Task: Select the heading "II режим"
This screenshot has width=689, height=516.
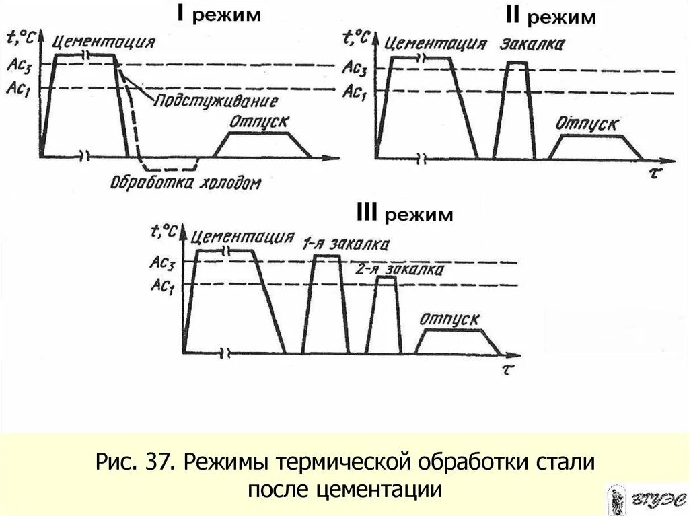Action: (x=545, y=16)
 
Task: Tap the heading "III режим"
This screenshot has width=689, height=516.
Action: (x=404, y=215)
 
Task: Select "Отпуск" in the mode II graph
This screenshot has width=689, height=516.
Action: (x=587, y=124)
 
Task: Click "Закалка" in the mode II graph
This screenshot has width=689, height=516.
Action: (x=532, y=45)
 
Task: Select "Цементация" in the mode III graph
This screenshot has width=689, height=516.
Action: (x=243, y=237)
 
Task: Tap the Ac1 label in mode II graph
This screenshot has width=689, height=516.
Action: (x=354, y=92)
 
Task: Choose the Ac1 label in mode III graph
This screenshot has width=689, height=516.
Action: (x=163, y=285)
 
